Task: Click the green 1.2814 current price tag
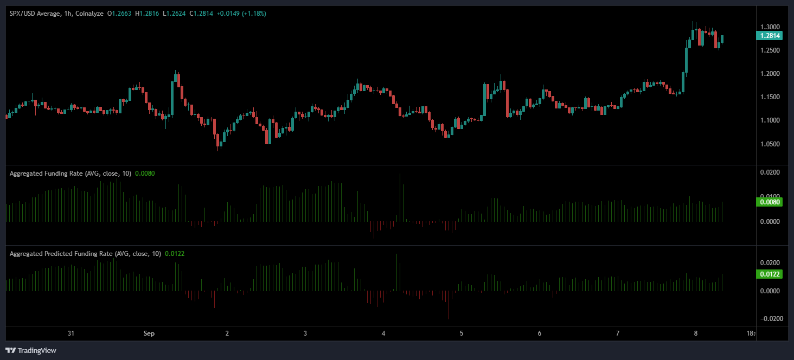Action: point(768,36)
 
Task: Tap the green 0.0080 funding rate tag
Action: point(768,202)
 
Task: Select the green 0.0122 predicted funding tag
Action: point(768,274)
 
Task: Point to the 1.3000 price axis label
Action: point(770,27)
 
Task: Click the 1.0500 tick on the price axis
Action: point(770,144)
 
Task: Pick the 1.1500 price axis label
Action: point(770,97)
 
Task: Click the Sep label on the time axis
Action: point(149,333)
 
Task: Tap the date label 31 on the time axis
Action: point(71,333)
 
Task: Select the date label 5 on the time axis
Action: point(462,333)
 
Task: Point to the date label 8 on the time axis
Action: point(696,333)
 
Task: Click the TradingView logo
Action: point(32,350)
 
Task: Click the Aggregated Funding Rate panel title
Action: point(70,173)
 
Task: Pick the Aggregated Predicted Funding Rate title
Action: point(85,254)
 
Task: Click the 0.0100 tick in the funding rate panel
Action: point(770,196)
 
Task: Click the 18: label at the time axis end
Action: point(751,333)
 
